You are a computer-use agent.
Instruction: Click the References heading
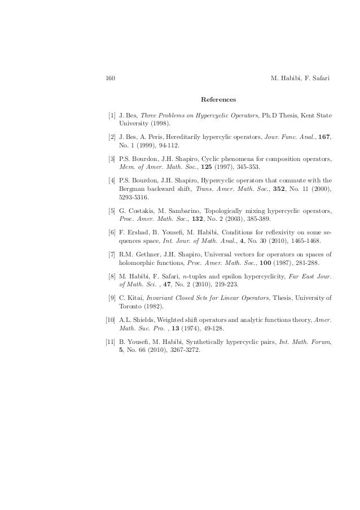[x=218, y=100]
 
